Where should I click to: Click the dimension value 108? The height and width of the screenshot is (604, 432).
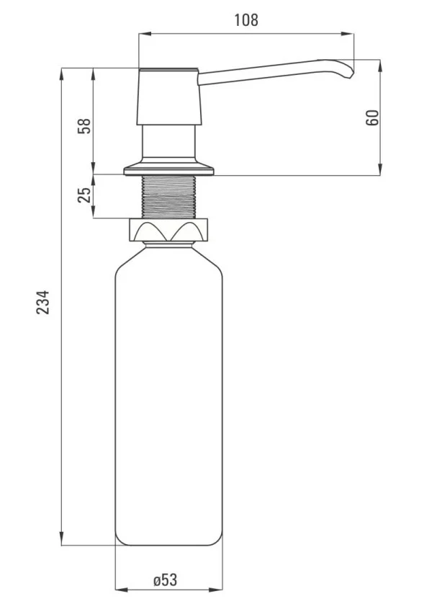[x=246, y=20]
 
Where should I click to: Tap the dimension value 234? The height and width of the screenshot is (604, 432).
[x=43, y=303]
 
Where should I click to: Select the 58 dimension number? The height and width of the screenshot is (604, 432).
[x=85, y=125]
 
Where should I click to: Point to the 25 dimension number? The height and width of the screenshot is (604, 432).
[x=85, y=195]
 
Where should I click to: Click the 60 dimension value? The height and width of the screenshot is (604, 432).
[x=372, y=117]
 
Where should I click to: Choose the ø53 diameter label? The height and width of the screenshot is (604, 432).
[x=166, y=580]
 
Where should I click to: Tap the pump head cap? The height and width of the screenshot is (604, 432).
[x=169, y=97]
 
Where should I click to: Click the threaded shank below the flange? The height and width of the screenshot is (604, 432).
[x=169, y=197]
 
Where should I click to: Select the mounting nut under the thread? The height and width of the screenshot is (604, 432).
[x=168, y=230]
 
